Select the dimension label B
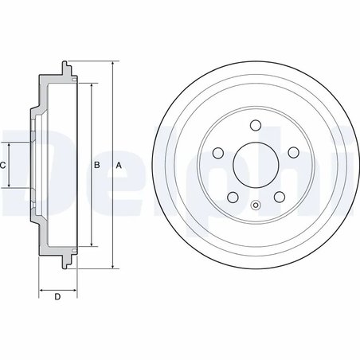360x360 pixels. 96,165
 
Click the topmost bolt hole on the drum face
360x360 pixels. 255,124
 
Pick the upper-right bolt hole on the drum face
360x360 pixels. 292,151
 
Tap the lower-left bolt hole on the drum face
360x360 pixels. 231,197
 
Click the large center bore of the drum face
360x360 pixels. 255,164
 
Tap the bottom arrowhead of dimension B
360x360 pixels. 91,246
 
